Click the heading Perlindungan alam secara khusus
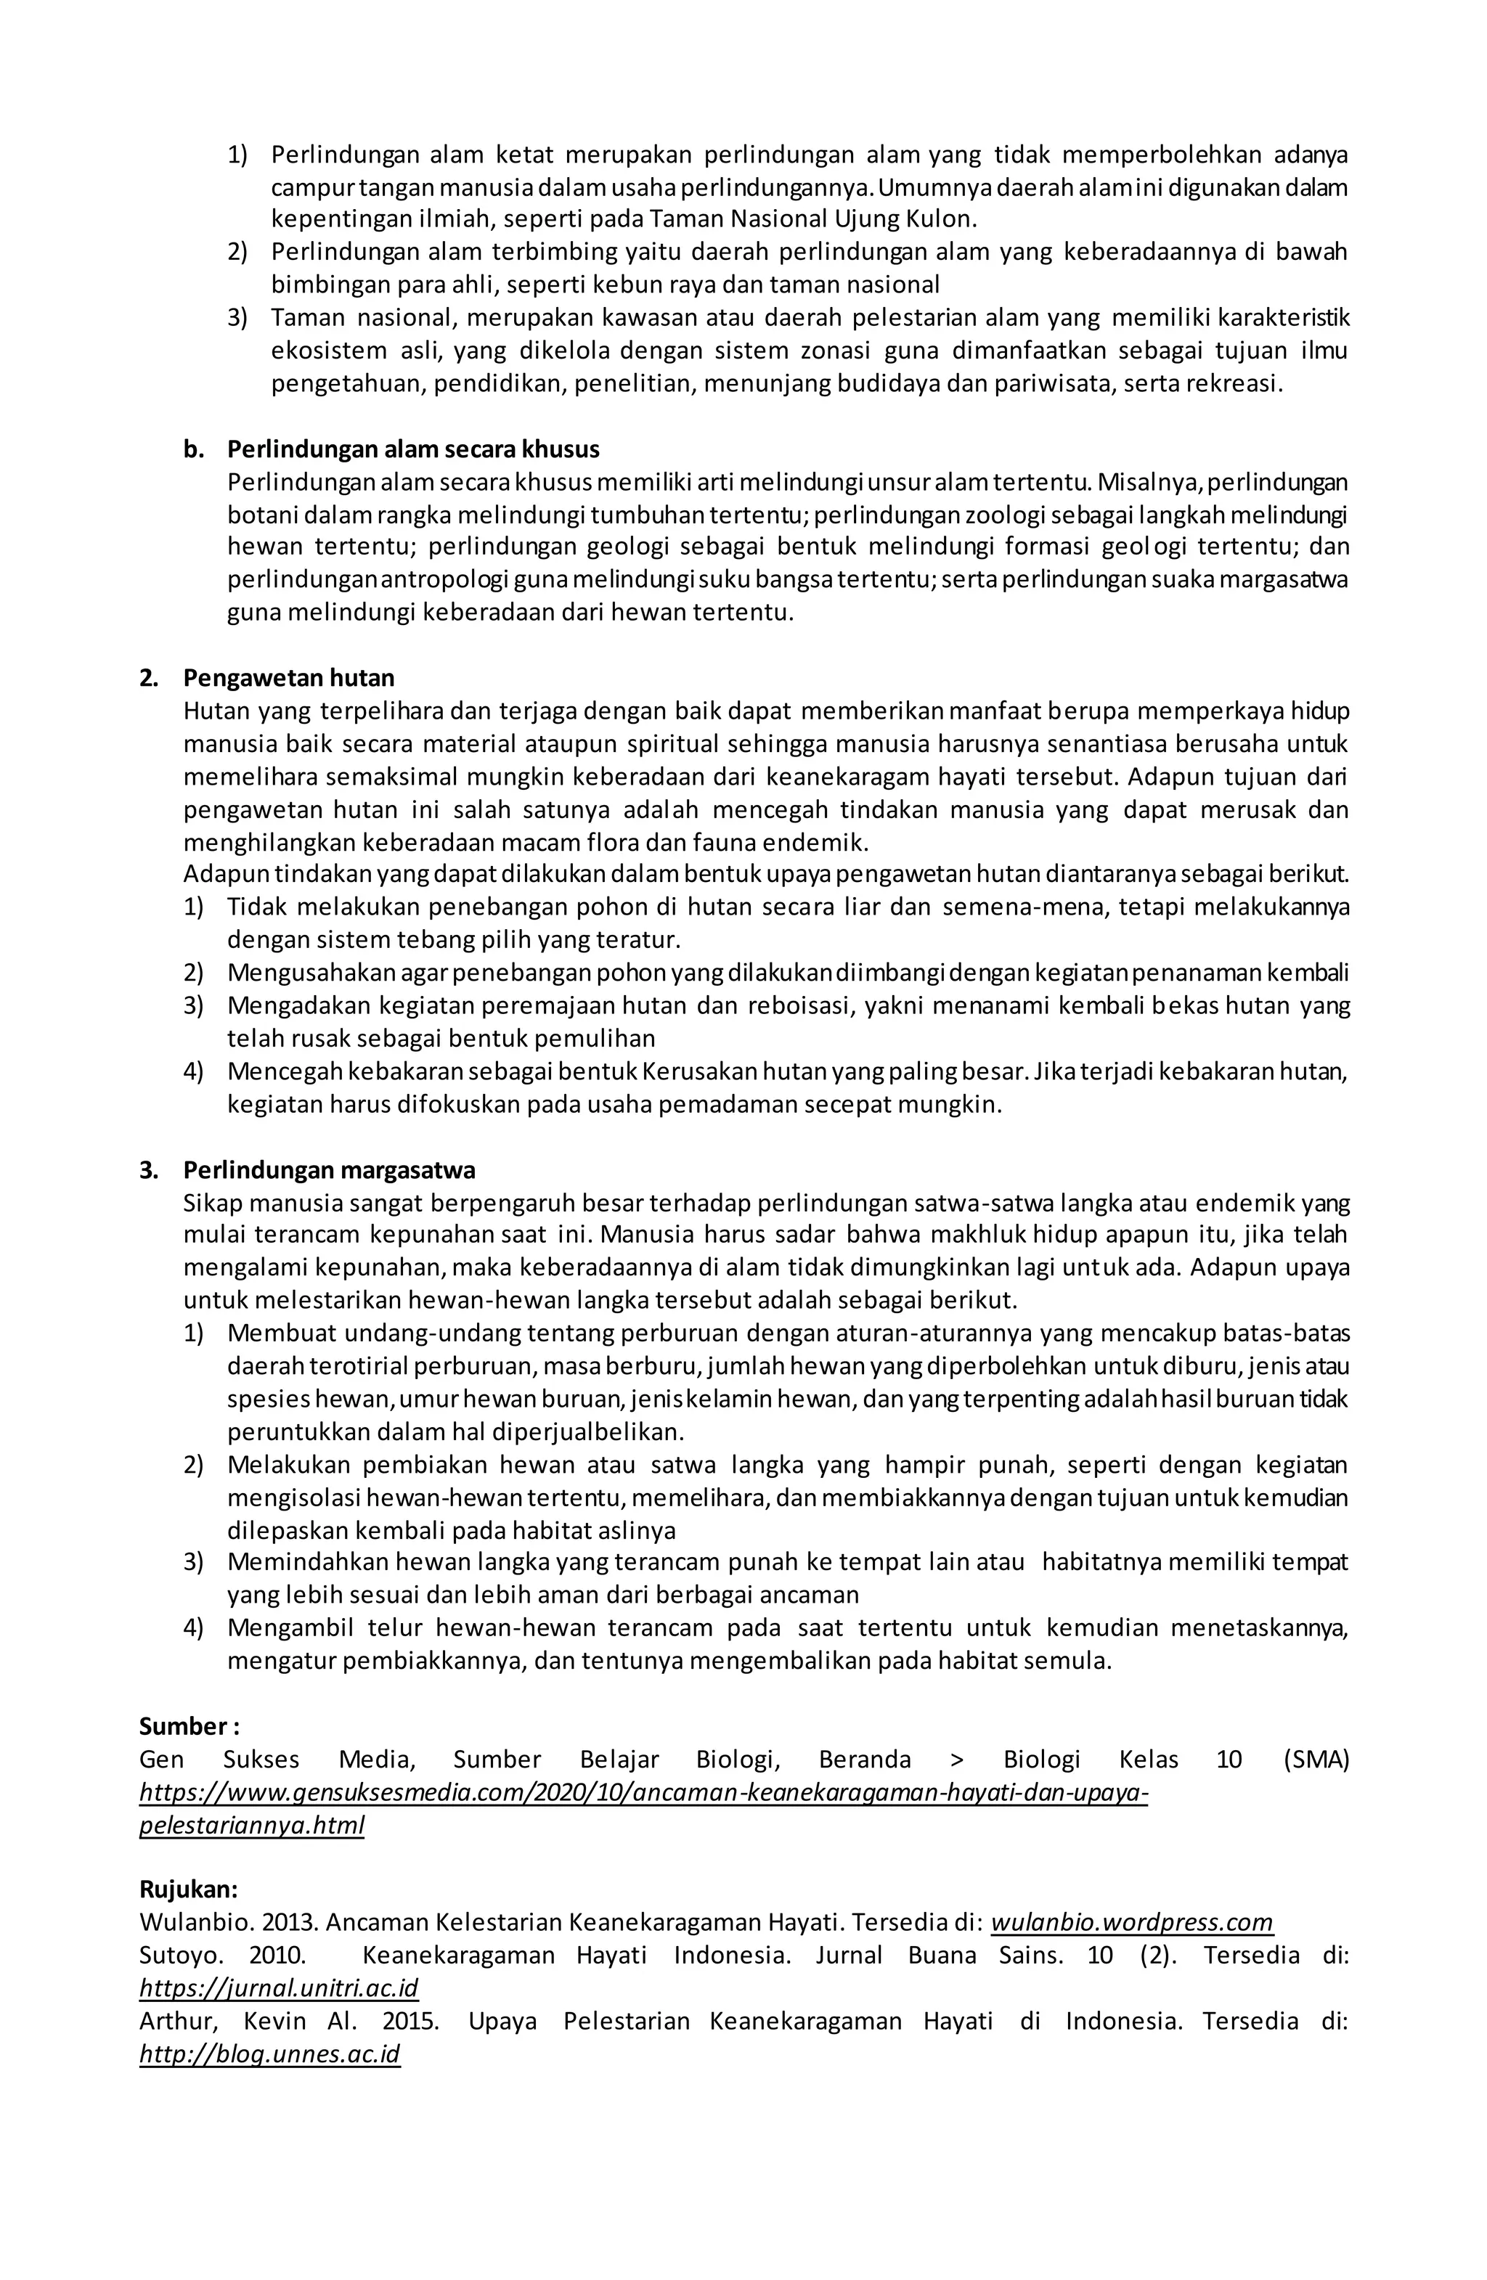click(413, 449)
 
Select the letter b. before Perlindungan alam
click(195, 449)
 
